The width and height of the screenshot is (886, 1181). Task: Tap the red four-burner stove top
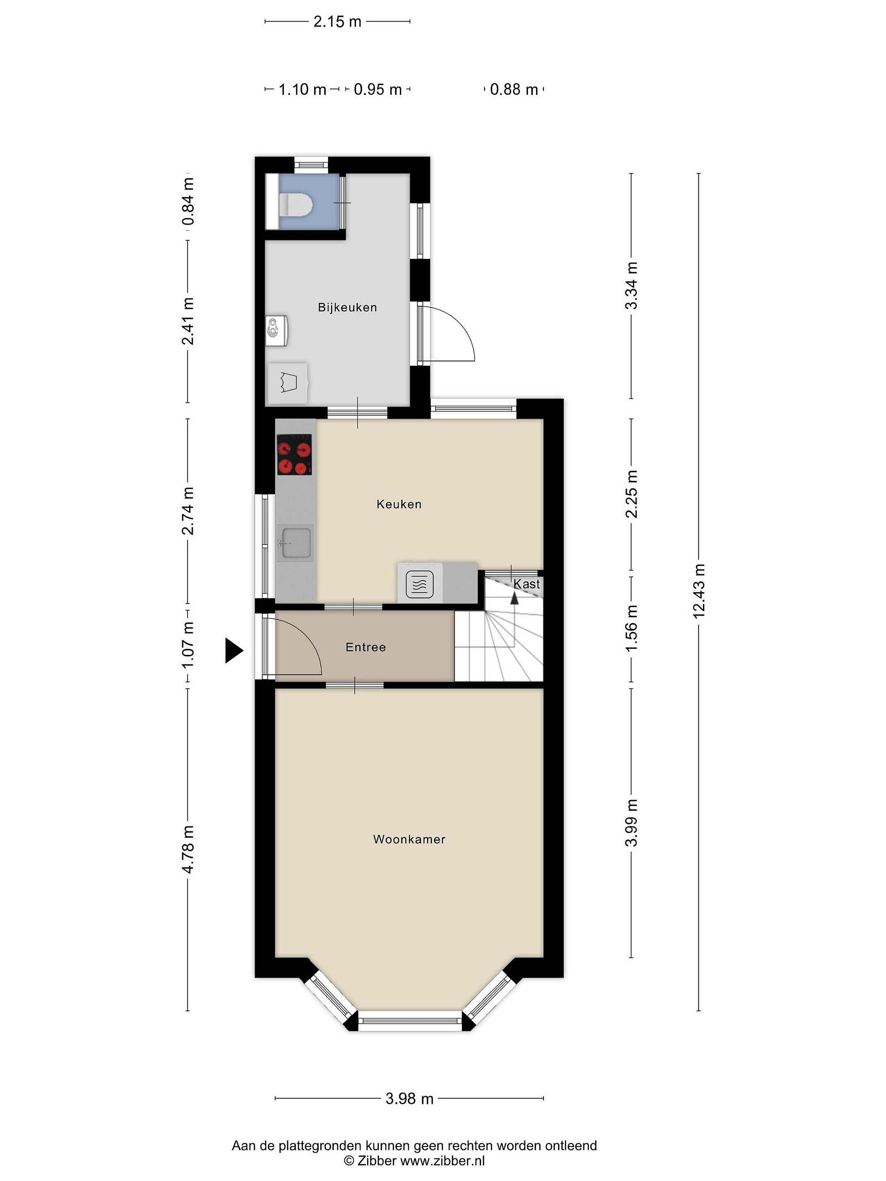coord(294,455)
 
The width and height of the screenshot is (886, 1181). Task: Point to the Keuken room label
coord(399,504)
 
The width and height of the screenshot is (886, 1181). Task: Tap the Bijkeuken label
coord(347,307)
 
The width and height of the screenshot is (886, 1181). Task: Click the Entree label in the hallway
coord(365,647)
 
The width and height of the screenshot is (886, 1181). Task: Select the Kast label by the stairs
coord(527,584)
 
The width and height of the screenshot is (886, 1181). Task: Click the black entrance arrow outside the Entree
coord(234,650)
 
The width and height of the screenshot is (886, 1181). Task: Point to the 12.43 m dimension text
coord(699,591)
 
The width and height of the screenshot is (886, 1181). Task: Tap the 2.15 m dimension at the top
coord(337,21)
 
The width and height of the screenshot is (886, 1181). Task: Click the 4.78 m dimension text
coord(187,849)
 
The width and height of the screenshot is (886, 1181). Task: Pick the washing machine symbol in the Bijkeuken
coord(288,383)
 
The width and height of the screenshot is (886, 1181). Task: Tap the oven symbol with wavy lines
coord(420,584)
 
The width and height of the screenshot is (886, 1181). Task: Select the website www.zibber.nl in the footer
coord(442,1160)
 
